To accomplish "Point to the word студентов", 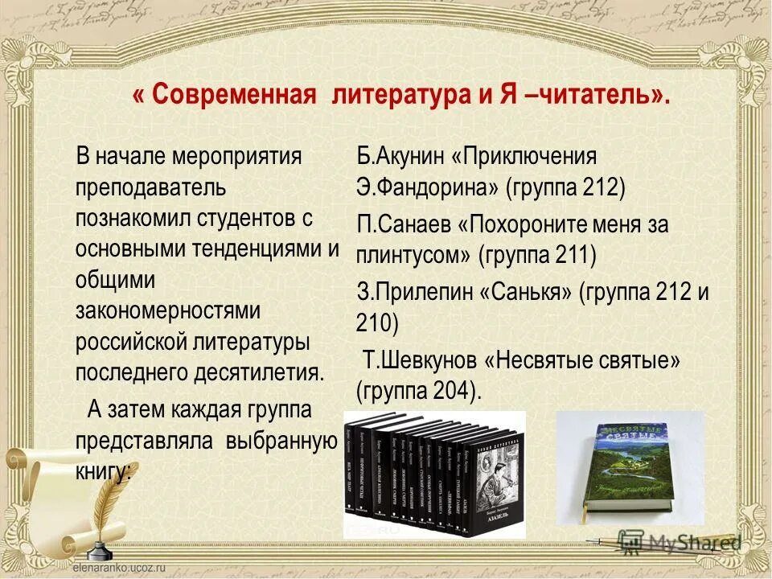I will tap(257, 218).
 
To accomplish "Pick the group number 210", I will tap(376, 322).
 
